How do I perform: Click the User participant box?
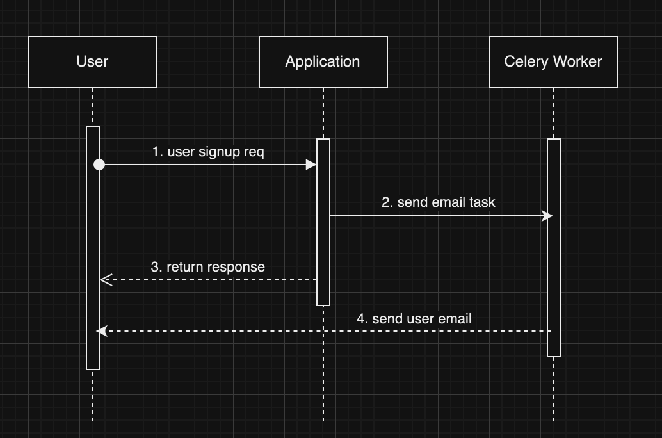coord(93,62)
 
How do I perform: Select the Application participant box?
coord(323,62)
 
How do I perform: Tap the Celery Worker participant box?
coord(553,62)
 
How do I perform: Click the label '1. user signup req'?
coord(208,152)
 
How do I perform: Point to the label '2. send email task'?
coord(439,202)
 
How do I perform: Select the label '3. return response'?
coord(207,267)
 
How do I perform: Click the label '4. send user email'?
coord(414,319)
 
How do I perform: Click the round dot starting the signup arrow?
coord(99,165)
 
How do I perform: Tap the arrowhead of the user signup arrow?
coord(312,165)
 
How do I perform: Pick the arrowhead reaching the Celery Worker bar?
coord(547,216)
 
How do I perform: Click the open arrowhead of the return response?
coord(106,280)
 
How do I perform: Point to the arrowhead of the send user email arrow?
coord(101,331)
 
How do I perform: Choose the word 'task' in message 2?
coord(482,202)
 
